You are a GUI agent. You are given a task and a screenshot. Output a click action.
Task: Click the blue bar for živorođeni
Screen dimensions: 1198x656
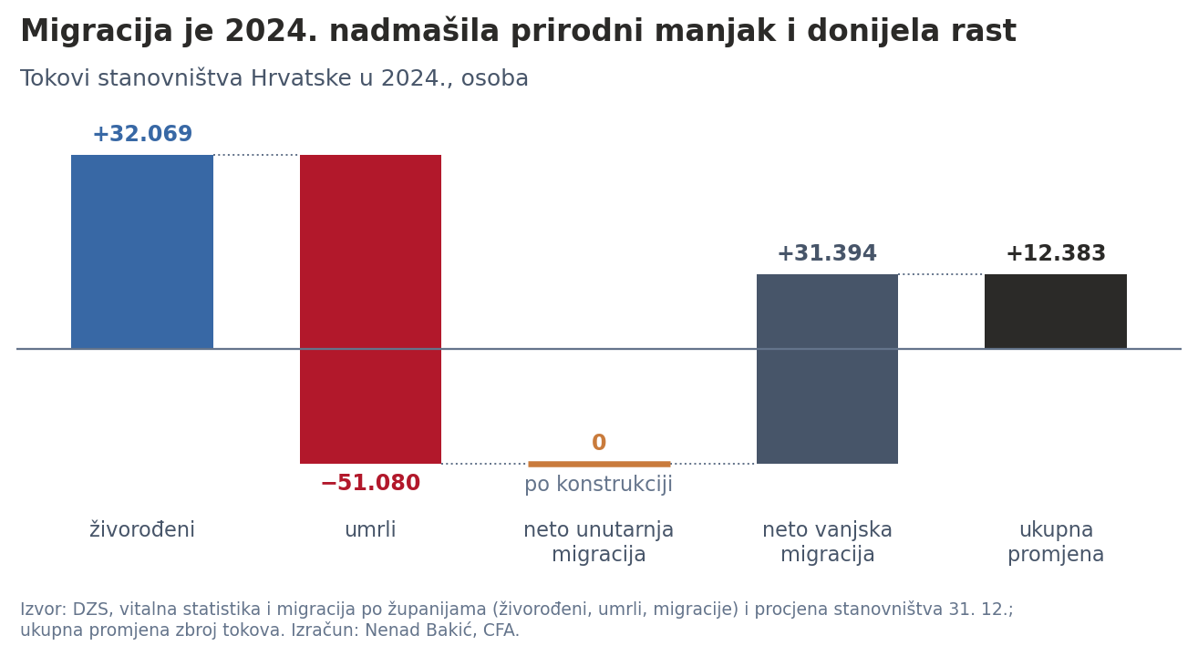coord(142,251)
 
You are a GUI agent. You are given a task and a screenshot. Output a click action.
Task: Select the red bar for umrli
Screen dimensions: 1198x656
coord(371,309)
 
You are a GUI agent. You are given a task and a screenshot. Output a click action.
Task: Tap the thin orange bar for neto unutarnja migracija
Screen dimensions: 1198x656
coord(599,464)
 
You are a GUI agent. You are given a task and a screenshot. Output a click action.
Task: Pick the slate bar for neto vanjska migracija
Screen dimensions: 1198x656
coord(827,369)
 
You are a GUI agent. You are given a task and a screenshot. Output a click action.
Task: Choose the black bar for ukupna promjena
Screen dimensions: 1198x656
coord(1056,312)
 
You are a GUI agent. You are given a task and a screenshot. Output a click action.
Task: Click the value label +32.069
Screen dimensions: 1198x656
coord(142,134)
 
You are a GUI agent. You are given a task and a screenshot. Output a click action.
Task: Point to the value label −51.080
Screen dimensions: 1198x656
coord(371,483)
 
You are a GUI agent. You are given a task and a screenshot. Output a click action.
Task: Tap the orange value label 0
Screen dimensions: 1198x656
coord(599,443)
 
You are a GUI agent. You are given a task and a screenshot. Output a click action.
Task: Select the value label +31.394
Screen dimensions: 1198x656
coord(827,253)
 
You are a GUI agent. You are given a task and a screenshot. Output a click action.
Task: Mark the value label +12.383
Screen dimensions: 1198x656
coord(1056,253)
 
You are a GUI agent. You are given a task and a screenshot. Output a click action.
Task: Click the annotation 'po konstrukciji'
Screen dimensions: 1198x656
coord(598,485)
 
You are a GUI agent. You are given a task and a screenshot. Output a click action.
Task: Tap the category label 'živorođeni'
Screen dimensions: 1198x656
coord(142,530)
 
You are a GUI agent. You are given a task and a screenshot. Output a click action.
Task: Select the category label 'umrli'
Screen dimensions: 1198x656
coord(371,530)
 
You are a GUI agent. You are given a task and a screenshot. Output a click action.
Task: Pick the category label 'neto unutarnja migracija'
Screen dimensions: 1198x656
coord(598,542)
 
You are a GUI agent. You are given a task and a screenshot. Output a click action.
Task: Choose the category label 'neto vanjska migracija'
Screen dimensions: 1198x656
coord(827,542)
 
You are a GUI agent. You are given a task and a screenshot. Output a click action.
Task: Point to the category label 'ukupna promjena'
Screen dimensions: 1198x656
coord(1056,542)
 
